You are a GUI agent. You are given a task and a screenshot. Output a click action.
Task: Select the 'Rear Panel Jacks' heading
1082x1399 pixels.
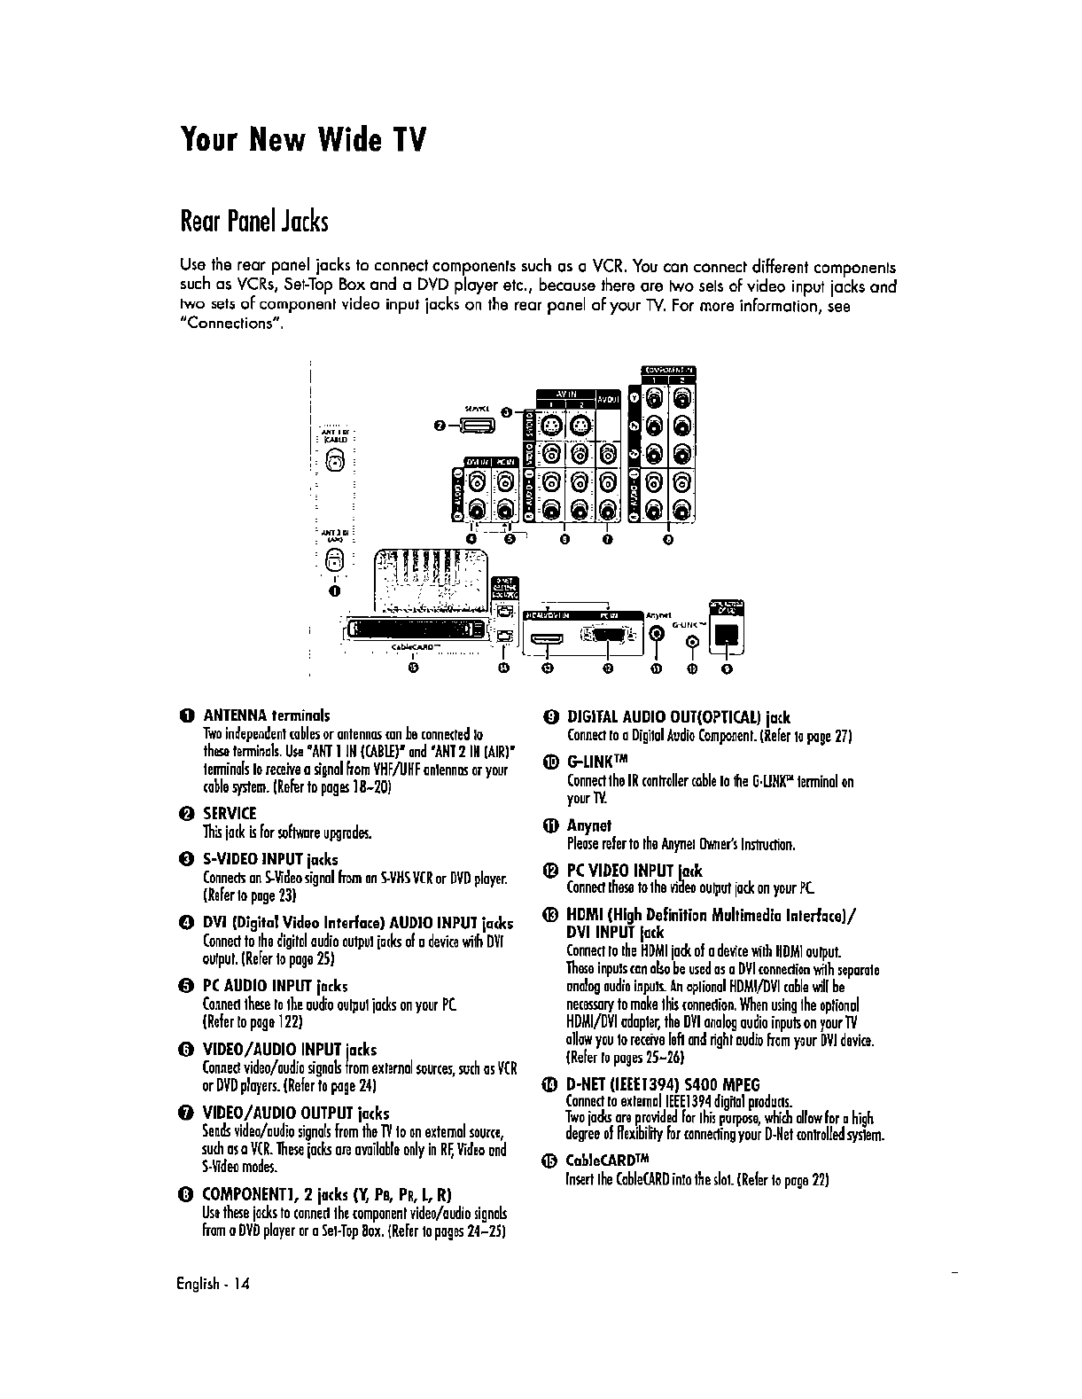tap(253, 220)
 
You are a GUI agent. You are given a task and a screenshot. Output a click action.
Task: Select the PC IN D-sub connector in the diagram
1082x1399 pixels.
tap(607, 635)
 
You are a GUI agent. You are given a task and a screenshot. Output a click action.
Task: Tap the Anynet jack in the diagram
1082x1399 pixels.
tap(657, 633)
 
